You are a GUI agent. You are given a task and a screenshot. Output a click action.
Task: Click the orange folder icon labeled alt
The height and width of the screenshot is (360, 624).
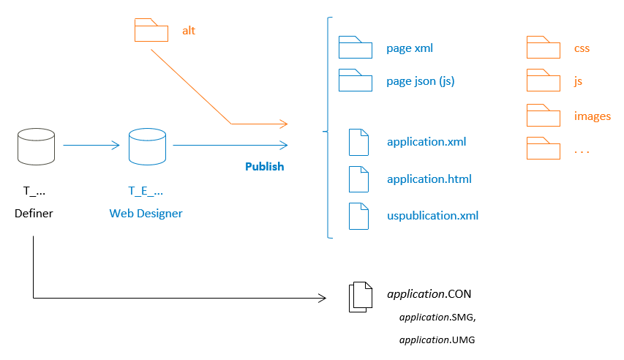(152, 30)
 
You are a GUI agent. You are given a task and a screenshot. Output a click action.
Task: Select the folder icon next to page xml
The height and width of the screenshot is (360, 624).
(356, 48)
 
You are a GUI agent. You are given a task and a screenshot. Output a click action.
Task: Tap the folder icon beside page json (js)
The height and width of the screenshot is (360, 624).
(356, 80)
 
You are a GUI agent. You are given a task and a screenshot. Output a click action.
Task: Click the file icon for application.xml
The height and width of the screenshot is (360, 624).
(358, 142)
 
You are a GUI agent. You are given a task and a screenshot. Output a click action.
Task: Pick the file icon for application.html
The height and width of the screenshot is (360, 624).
(358, 179)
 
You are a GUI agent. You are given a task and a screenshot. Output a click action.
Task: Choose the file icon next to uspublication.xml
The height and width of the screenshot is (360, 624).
(358, 216)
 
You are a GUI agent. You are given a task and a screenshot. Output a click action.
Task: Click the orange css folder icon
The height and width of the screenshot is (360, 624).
(544, 48)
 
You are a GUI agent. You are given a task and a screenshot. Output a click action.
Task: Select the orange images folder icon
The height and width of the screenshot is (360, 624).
(544, 115)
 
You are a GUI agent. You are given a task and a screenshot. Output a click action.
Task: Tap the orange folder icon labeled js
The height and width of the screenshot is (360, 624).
(544, 80)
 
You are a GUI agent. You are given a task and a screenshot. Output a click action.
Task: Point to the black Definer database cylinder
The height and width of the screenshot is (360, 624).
(36, 146)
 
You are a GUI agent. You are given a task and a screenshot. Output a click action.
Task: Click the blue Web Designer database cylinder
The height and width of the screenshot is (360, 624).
(146, 146)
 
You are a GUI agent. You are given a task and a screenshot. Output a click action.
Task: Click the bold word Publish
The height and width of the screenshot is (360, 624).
(264, 167)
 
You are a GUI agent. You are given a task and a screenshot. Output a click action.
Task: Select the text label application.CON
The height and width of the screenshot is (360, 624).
(429, 294)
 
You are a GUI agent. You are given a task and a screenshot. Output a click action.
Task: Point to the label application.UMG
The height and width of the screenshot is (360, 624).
(438, 340)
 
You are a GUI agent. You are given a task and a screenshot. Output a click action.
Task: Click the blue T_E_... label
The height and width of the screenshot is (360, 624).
(146, 192)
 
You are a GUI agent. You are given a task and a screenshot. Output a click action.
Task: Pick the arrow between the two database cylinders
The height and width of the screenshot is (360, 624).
(91, 145)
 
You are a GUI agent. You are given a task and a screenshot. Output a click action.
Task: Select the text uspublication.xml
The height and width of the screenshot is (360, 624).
(432, 216)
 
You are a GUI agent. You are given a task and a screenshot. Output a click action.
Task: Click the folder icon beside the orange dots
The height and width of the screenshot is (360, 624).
(544, 148)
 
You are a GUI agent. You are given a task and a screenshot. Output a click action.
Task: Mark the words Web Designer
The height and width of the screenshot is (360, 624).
(146, 214)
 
